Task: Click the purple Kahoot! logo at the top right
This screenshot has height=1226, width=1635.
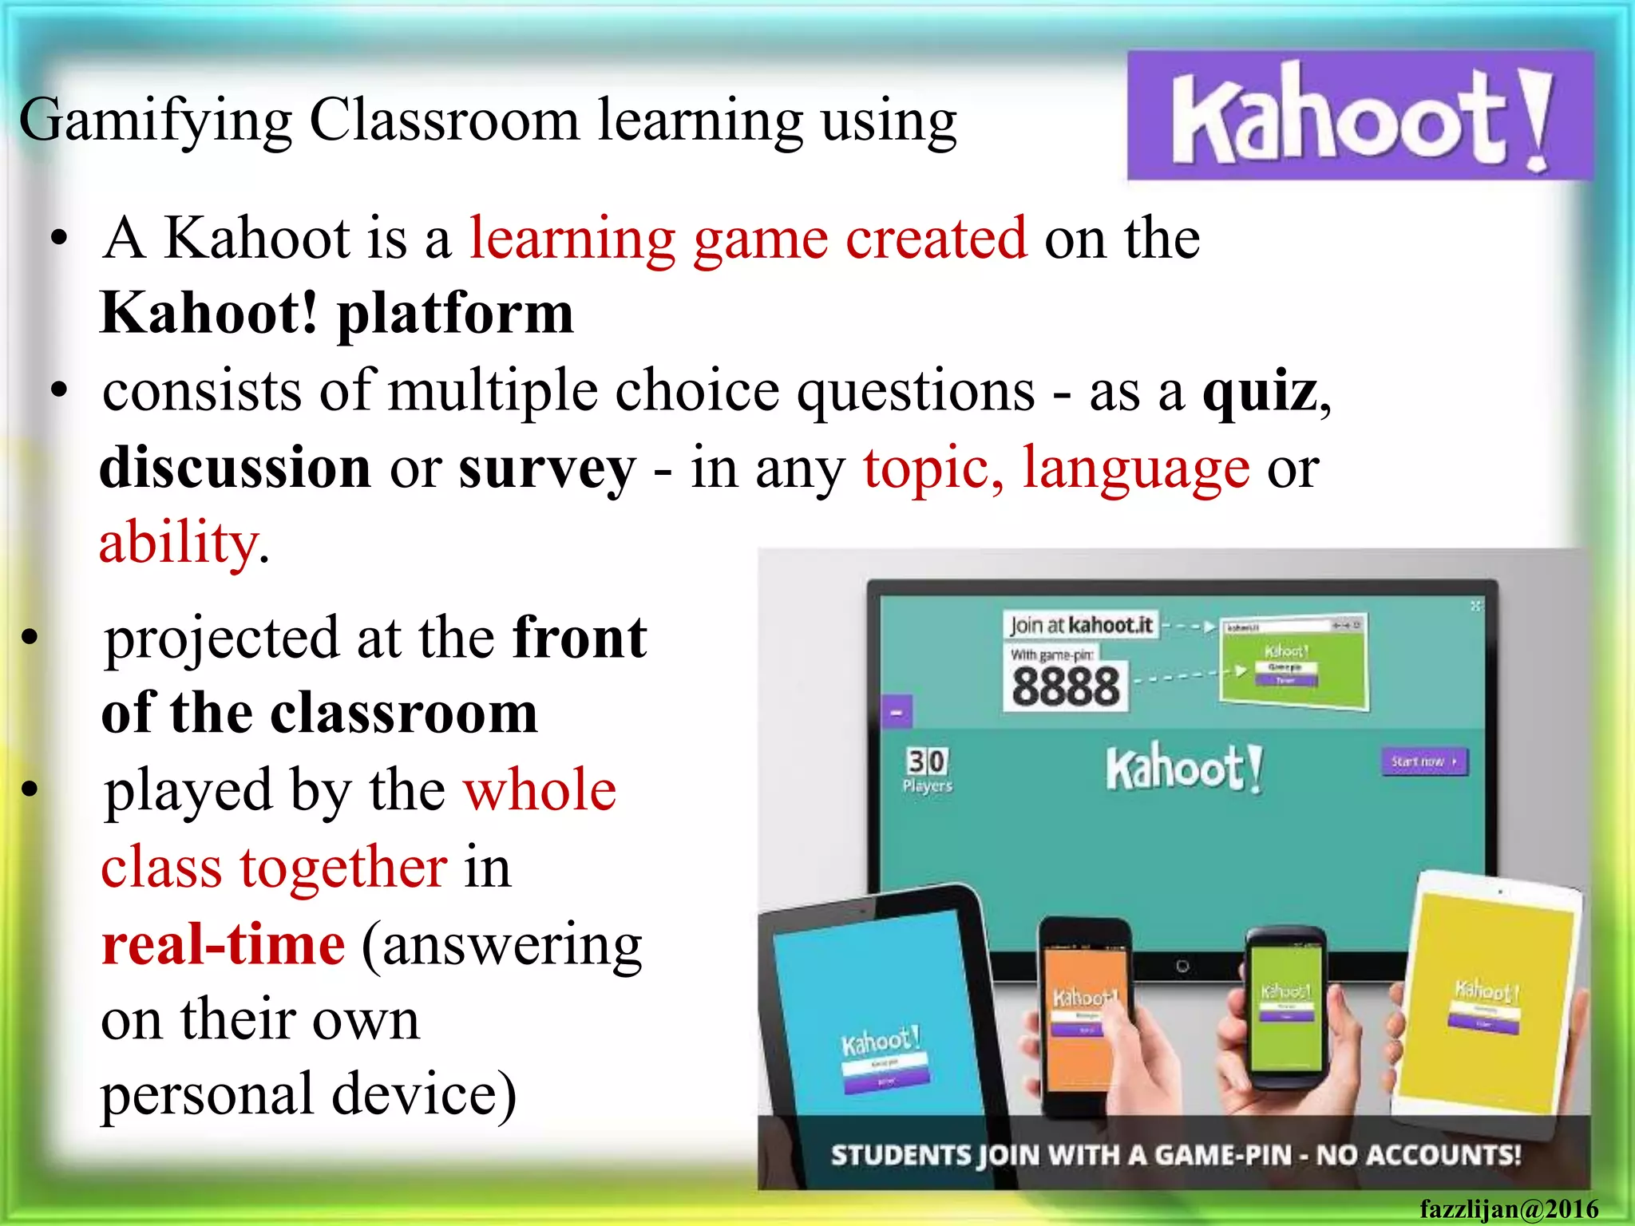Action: [x=1360, y=116]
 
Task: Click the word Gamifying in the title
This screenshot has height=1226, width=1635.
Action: [x=156, y=121]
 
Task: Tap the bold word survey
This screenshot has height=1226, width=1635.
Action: [x=547, y=469]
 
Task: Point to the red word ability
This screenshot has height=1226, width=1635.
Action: [x=177, y=543]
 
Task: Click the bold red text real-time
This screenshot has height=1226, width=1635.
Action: [x=224, y=944]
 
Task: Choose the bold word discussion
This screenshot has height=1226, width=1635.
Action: [x=236, y=469]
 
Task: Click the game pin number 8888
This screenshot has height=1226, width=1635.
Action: [x=1066, y=686]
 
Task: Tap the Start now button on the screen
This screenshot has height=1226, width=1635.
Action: [x=1423, y=761]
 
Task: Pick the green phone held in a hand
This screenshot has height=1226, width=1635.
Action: [x=1285, y=1006]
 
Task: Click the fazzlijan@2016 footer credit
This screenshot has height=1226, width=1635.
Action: [x=1508, y=1209]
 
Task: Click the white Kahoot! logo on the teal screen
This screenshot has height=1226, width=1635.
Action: [x=1184, y=768]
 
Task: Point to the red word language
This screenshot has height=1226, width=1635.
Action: [x=1136, y=469]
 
